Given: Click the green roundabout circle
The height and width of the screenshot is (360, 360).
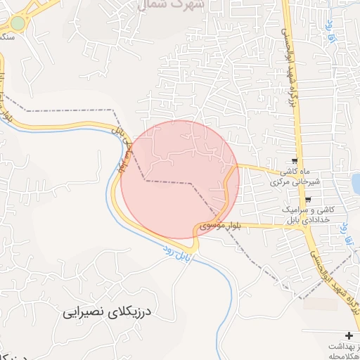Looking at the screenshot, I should coord(18,23).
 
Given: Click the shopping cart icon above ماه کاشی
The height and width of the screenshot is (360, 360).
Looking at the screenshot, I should coord(294,162).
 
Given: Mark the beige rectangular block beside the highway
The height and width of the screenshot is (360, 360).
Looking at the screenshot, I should coord(320,304).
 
